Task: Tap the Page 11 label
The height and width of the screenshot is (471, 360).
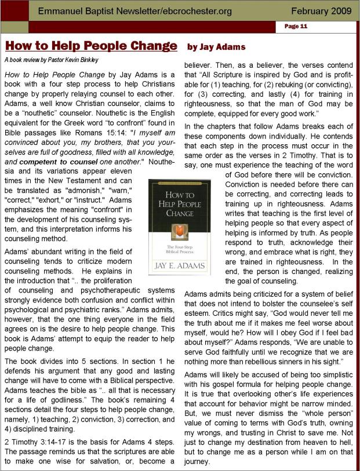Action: coord(296,27)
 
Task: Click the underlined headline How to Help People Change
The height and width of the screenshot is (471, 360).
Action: coord(91,46)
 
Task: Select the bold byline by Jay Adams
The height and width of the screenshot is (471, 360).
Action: coord(216,46)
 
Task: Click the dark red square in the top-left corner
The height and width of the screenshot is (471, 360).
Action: coord(13,10)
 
